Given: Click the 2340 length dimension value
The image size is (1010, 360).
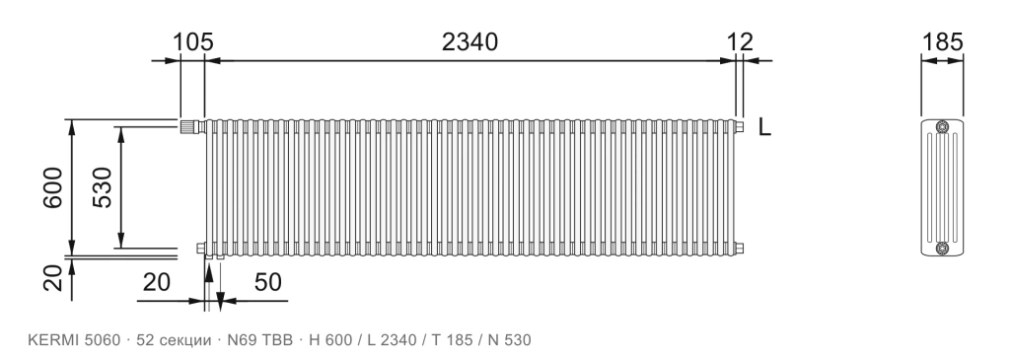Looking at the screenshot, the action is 469,41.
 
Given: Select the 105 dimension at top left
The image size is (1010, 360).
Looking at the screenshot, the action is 192,41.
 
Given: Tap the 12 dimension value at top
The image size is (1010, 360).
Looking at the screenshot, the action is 740,41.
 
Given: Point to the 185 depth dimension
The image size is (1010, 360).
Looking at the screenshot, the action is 942,41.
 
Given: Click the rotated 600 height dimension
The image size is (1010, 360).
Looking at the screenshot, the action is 53,187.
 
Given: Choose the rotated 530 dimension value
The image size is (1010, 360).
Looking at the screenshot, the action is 103,187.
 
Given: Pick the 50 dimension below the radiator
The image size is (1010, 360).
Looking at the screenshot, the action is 268,282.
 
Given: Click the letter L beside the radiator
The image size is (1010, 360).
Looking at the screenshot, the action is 764,127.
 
